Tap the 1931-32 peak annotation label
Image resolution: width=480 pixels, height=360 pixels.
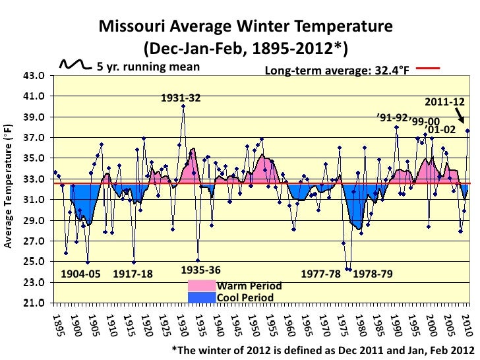pos(181,98)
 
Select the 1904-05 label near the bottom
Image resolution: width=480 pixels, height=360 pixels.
pos(81,274)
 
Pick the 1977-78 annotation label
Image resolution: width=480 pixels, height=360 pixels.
pos(321,274)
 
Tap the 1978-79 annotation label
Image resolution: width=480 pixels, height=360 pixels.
pos(373,274)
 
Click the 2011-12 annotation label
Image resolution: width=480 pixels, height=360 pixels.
pos(444,103)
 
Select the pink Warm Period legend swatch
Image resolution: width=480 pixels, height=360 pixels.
pos(202,286)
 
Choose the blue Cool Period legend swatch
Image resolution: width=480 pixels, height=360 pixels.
pos(202,297)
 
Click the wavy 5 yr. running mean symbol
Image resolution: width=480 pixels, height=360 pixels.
pos(77,65)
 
